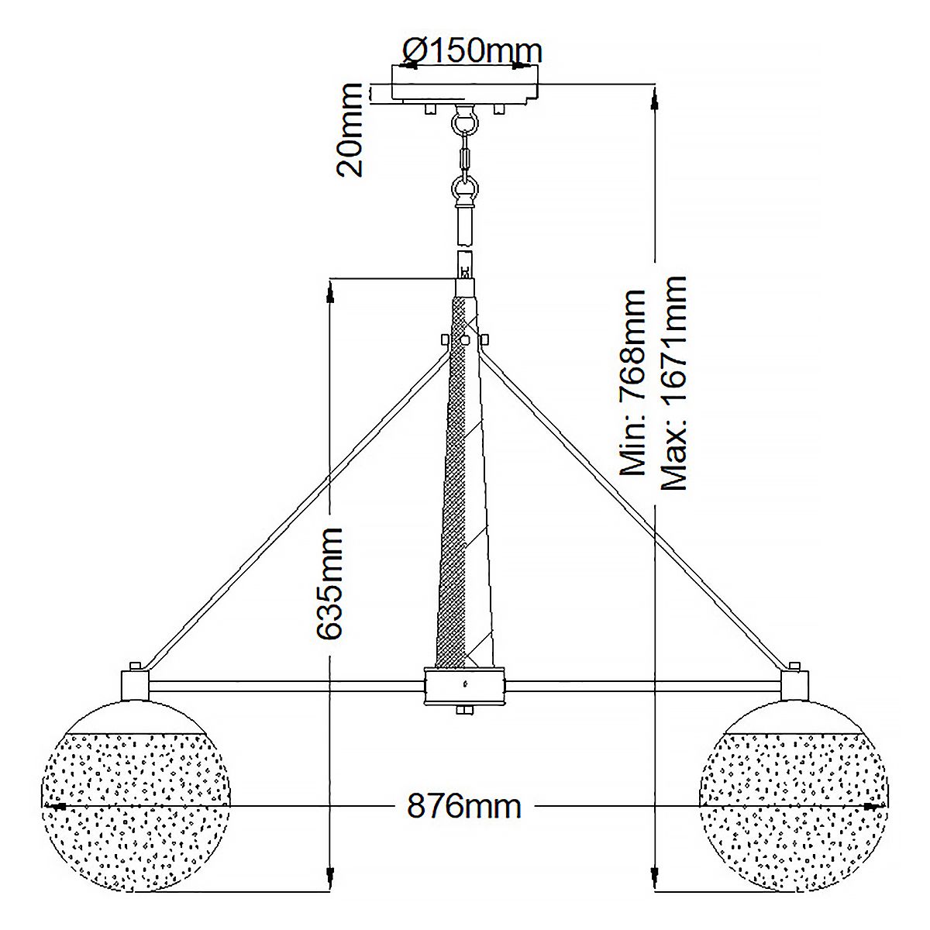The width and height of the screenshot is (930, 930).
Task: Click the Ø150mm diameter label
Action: coord(472,51)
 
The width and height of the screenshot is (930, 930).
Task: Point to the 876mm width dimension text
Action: coord(464,807)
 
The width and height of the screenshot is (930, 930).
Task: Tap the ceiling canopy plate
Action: coord(465,83)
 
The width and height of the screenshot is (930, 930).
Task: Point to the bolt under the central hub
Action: coord(465,709)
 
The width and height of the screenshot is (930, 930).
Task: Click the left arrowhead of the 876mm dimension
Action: coord(51,806)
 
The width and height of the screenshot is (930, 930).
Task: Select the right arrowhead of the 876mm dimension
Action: coord(879,806)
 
